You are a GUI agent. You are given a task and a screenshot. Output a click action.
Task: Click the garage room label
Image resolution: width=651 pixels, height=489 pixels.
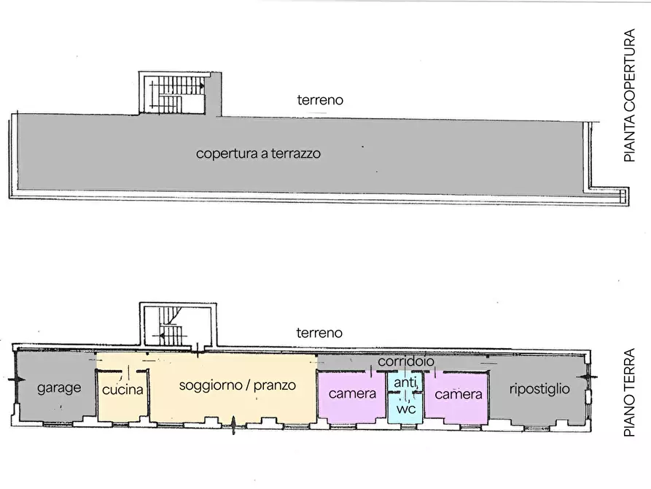pos(59,388)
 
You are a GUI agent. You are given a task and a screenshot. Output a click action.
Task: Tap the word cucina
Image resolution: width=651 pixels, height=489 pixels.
pos(122,390)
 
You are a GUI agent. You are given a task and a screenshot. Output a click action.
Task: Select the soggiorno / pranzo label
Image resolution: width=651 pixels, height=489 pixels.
pos(237,385)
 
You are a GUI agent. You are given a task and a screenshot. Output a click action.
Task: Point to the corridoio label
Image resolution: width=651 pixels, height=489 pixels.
pos(405,361)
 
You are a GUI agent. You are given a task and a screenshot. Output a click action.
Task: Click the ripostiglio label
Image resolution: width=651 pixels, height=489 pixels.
pos(539,389)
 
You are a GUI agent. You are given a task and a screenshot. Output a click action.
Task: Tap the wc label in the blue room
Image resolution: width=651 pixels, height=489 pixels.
pos(405,409)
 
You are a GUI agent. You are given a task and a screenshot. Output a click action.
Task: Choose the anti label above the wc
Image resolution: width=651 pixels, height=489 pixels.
pos(405,382)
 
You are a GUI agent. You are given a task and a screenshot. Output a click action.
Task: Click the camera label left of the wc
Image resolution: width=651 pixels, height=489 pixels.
pos(352,393)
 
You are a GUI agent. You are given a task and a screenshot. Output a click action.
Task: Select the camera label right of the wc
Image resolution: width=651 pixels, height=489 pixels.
pos(459,394)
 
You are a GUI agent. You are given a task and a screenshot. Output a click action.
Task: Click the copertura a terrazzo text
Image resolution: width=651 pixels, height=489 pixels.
pos(258,153)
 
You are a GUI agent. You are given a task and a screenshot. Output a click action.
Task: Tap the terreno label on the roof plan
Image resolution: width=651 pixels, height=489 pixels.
pos(320,100)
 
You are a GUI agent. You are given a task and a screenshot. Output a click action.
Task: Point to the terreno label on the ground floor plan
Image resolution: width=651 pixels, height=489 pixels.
pos(319,333)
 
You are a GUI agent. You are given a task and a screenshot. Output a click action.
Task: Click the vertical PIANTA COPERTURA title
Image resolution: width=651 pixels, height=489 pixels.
pos(629,95)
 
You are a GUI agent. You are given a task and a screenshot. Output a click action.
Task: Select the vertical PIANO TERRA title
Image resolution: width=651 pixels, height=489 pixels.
pos(629,392)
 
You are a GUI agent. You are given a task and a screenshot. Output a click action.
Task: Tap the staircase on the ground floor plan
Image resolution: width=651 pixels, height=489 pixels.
pos(171,326)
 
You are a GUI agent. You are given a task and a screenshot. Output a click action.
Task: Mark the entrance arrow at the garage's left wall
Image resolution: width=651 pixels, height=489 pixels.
pos(17,380)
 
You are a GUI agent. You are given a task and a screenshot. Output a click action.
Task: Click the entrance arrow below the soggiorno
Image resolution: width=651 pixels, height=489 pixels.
pos(233,425)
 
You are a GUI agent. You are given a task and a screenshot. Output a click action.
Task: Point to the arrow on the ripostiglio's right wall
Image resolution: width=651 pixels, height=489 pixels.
pos(588,377)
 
